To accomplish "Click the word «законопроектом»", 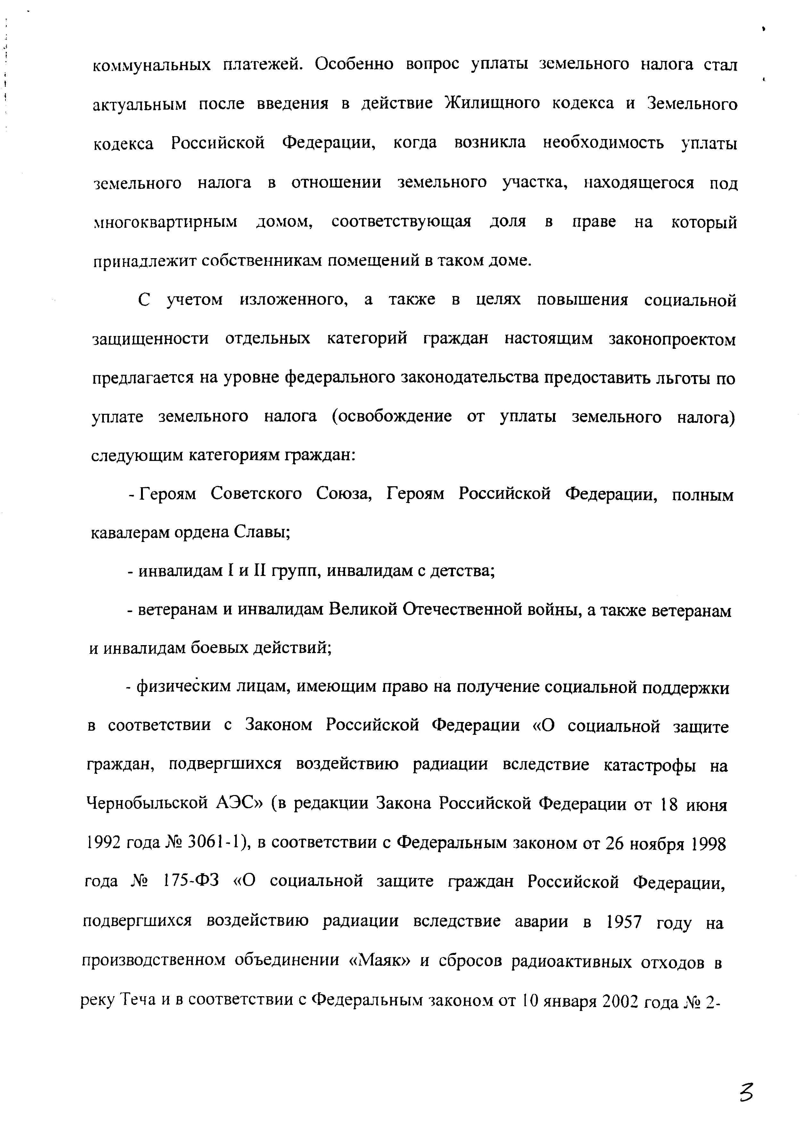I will coord(672,340).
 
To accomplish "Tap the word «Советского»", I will coord(256,494).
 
